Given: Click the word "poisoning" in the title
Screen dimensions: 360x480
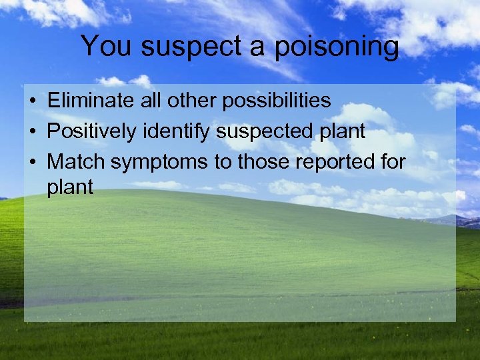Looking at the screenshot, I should tap(337, 47).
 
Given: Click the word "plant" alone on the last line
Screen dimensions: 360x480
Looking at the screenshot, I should tap(70, 187).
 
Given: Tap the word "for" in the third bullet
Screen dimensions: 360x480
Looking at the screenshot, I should tap(394, 161).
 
